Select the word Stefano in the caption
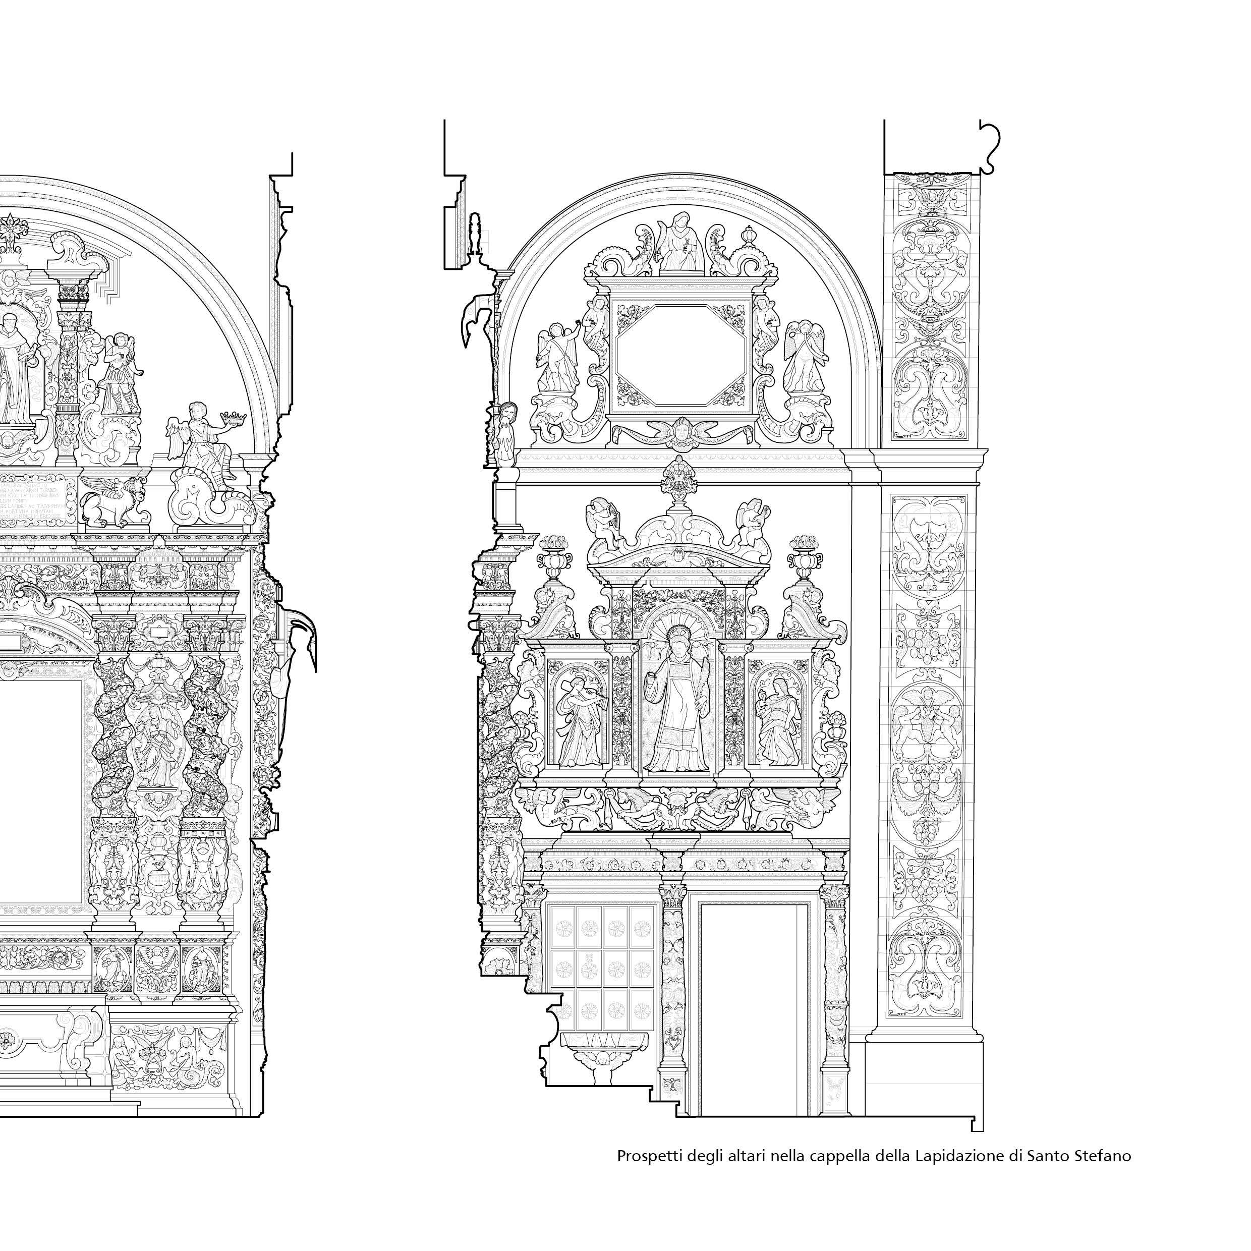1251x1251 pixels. tap(1105, 1156)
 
